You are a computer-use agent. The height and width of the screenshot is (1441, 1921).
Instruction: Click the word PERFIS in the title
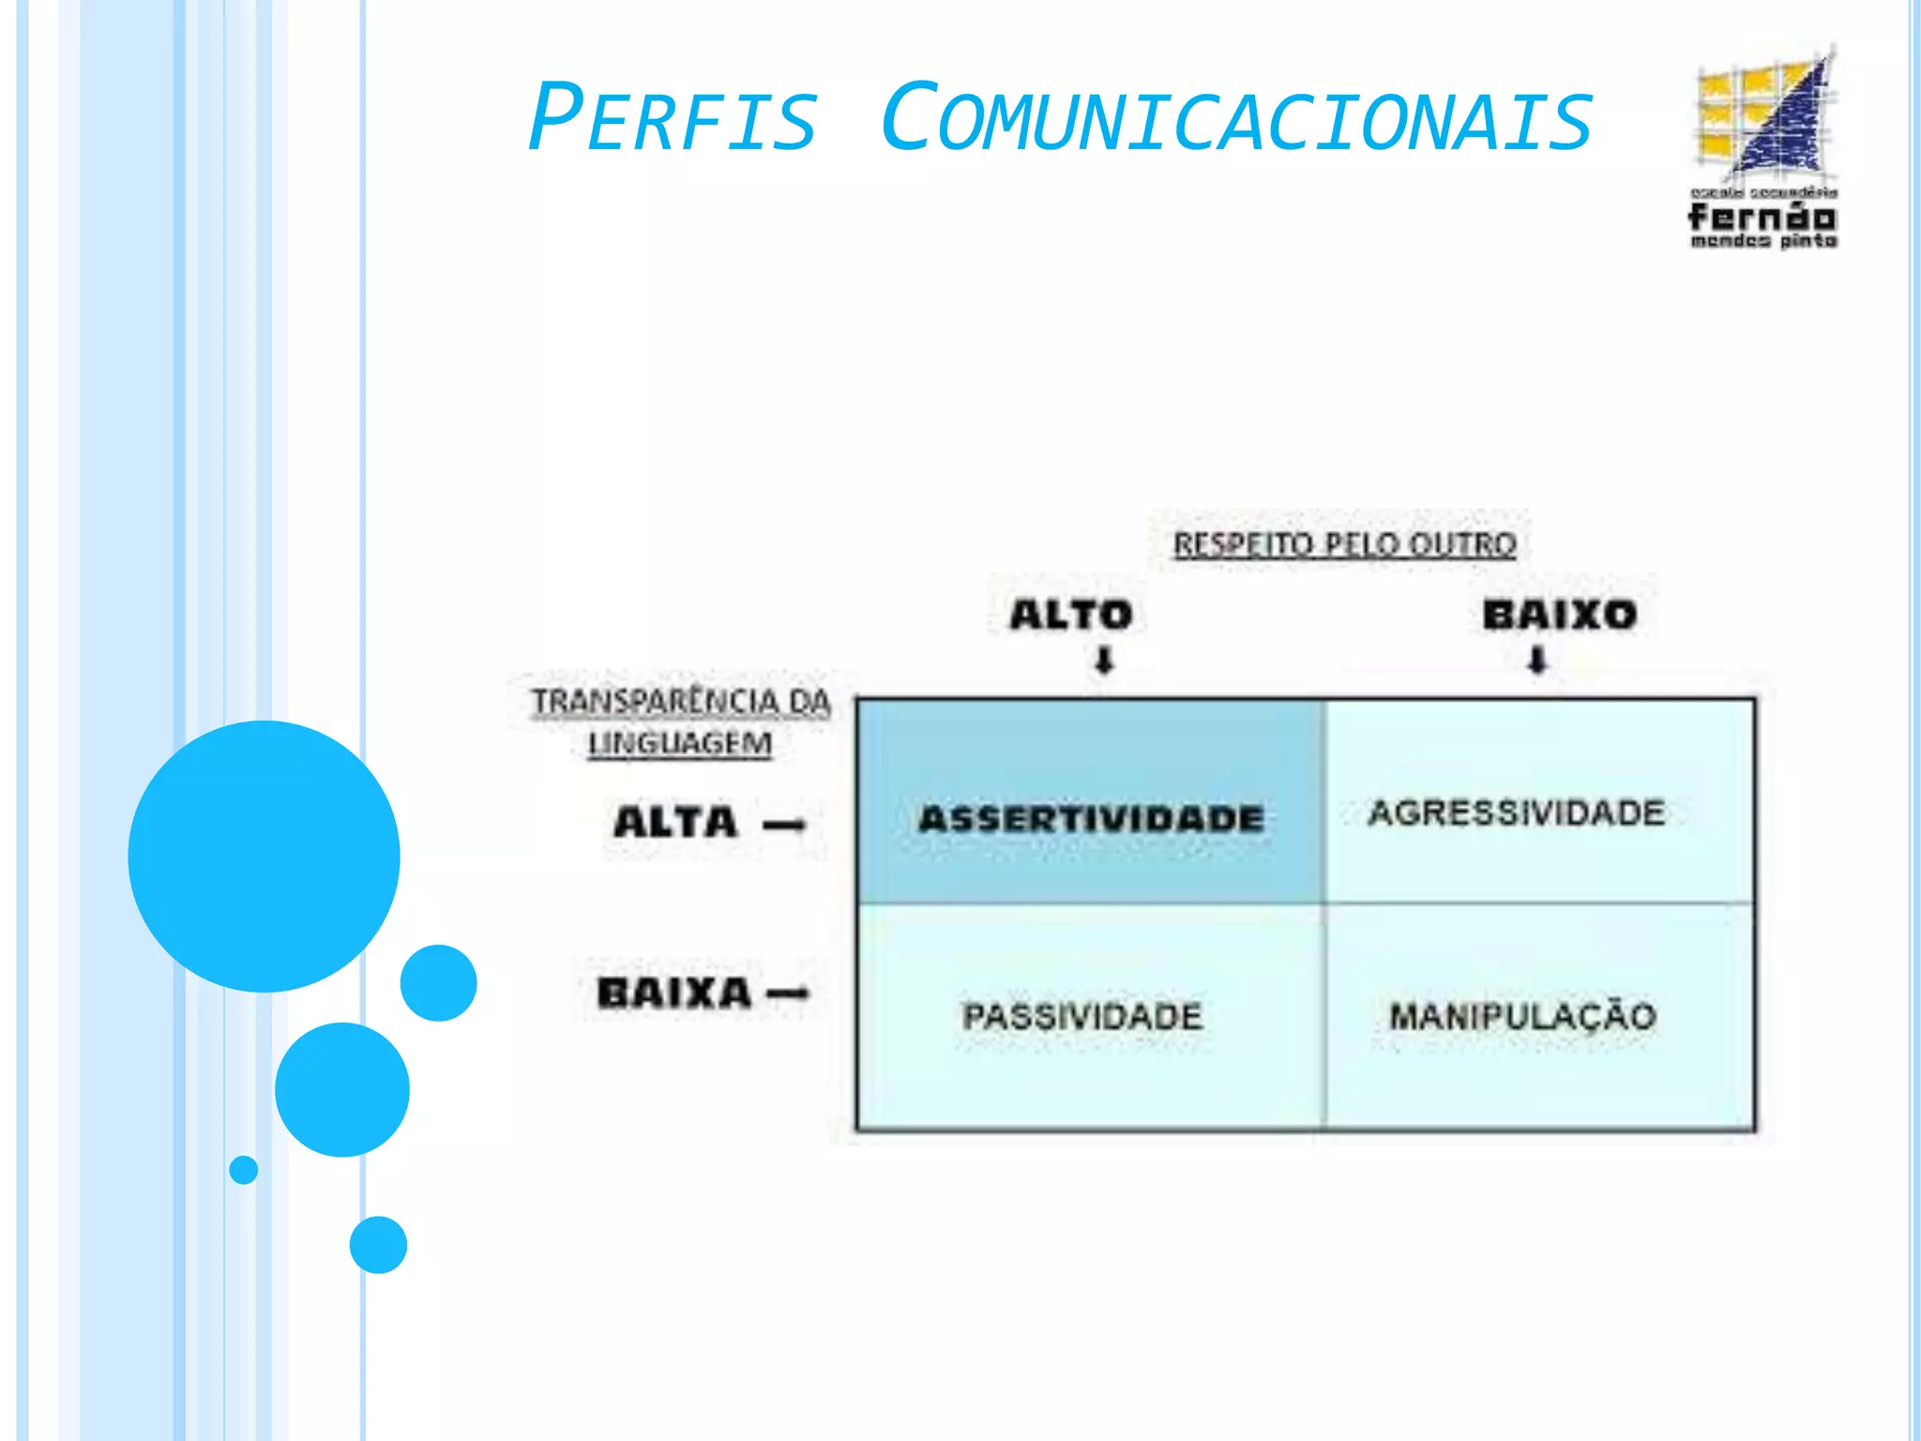coord(672,119)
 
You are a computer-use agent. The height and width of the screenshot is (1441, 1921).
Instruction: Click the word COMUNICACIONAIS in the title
coord(1236,119)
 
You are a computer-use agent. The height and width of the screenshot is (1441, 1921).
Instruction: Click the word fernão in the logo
coord(1762,217)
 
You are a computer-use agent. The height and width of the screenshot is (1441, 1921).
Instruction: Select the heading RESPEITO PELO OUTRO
coord(1344,544)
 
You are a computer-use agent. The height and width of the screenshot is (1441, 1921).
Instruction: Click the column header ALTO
coord(1071,615)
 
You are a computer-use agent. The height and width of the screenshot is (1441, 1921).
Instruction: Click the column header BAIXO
coord(1559,615)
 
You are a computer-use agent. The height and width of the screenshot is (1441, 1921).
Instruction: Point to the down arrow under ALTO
coord(1104,660)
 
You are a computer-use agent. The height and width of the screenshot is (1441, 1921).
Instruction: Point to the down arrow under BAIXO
coord(1536,660)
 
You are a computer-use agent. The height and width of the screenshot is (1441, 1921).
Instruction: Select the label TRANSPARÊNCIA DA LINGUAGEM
coord(681,721)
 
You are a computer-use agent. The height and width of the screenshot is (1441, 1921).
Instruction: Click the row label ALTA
coord(675,823)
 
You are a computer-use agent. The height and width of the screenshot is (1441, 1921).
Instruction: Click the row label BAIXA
coord(674,994)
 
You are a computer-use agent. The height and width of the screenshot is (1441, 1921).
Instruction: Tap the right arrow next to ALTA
coord(784,826)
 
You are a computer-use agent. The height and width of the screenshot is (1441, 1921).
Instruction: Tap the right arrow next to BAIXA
coord(788,994)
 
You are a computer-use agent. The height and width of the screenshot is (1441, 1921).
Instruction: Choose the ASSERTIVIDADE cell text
coord(1091,819)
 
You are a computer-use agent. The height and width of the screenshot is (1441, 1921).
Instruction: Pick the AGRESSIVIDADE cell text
coord(1517,812)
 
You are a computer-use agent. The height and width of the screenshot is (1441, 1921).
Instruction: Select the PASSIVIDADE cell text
coord(1082,1016)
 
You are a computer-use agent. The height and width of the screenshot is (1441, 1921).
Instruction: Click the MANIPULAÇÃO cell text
coord(1522,1016)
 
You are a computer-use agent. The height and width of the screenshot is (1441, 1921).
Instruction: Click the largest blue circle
coord(264,856)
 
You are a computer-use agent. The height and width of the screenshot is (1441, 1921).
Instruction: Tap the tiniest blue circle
coord(243,1170)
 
